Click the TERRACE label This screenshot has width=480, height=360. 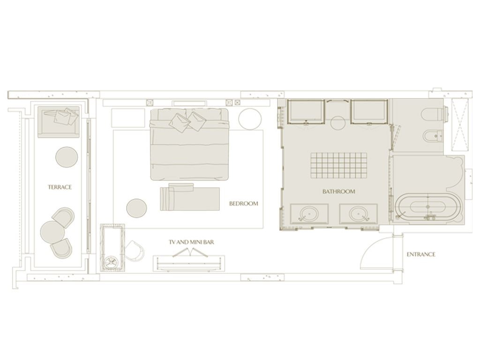click(x=60, y=187)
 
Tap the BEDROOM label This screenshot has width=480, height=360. click(x=244, y=203)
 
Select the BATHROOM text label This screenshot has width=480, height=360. click(x=339, y=192)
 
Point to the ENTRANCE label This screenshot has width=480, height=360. click(x=421, y=255)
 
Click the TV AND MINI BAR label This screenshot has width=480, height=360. click(x=191, y=242)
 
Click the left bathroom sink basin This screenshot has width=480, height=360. click(x=309, y=213)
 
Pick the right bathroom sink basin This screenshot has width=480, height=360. click(x=358, y=213)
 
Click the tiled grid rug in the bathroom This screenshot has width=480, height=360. click(x=339, y=165)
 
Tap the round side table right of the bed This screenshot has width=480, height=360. click(x=250, y=119)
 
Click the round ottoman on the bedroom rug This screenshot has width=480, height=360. click(x=136, y=208)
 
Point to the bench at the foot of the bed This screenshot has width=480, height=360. click(x=190, y=198)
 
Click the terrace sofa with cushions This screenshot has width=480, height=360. click(x=59, y=121)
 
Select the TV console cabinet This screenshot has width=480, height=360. click(x=189, y=264)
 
